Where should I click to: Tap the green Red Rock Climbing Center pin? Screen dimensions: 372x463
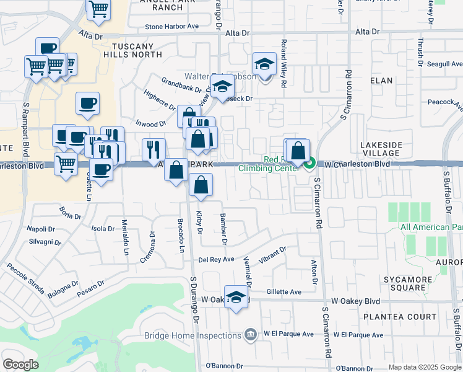pyautogui.click(x=310, y=163)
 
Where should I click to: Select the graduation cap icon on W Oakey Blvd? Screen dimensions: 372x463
pyautogui.click(x=236, y=298)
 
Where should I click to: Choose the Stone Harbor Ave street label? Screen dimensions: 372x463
pyautogui.click(x=171, y=27)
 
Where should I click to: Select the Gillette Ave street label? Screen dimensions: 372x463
pyautogui.click(x=283, y=291)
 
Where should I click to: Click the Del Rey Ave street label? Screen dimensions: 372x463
pyautogui.click(x=216, y=259)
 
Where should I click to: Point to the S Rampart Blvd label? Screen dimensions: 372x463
pyautogui.click(x=27, y=123)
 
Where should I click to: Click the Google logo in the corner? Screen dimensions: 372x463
pyautogui.click(x=20, y=365)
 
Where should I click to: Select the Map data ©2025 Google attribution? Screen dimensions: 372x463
pyautogui.click(x=425, y=367)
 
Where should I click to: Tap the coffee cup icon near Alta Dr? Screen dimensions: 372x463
pyautogui.click(x=47, y=48)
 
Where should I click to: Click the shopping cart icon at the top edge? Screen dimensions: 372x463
pyautogui.click(x=98, y=9)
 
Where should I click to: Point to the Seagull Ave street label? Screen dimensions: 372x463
pyautogui.click(x=445, y=64)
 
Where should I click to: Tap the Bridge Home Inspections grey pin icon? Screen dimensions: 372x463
pyautogui.click(x=251, y=335)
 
